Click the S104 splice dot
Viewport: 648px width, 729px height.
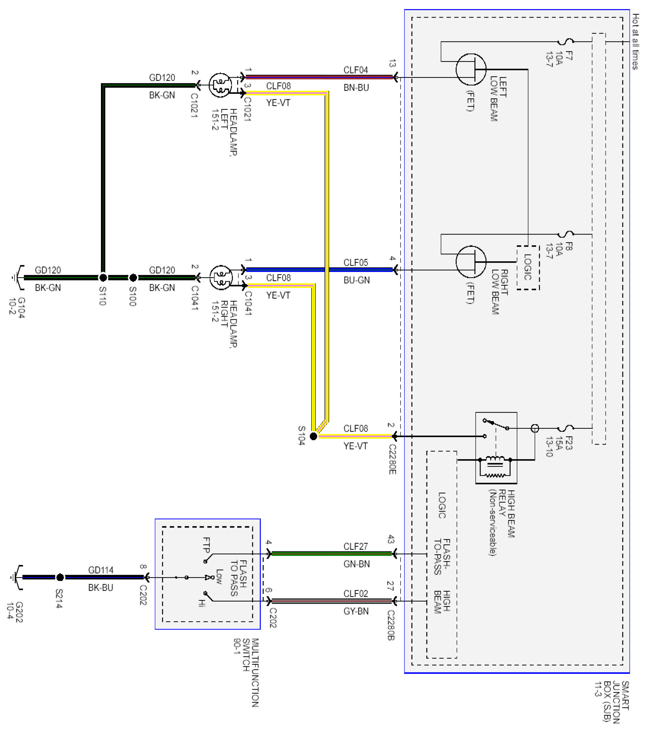click(313, 436)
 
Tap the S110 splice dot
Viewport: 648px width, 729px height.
click(103, 277)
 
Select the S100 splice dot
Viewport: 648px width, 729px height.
click(133, 277)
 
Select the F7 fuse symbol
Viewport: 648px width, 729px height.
click(566, 42)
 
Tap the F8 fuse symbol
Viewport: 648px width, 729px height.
click(566, 234)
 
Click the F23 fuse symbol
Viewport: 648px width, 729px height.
click(566, 428)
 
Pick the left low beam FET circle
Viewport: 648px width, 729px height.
click(471, 70)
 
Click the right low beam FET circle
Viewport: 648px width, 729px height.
click(471, 262)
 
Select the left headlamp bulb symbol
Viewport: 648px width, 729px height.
click(220, 85)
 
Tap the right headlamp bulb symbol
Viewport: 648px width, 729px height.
click(221, 277)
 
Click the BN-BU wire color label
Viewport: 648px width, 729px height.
click(356, 88)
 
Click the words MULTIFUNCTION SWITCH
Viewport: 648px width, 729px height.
click(251, 672)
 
